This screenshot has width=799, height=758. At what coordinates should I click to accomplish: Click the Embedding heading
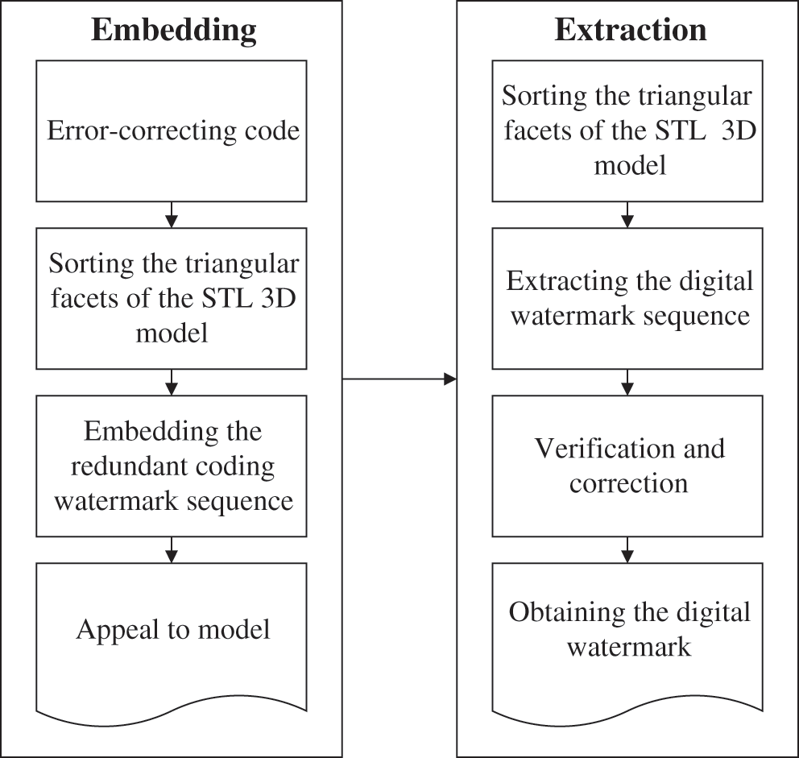[x=173, y=31]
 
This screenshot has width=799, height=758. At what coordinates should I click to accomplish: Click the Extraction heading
[x=630, y=31]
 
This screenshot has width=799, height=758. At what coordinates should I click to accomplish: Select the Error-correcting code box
[x=172, y=131]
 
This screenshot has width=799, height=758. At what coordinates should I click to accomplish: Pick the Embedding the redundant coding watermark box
[x=172, y=466]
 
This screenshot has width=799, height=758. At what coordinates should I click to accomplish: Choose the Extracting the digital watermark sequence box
[x=629, y=298]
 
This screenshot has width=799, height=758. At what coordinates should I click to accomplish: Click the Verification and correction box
[x=629, y=465]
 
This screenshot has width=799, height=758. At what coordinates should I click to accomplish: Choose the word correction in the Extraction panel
[x=629, y=483]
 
